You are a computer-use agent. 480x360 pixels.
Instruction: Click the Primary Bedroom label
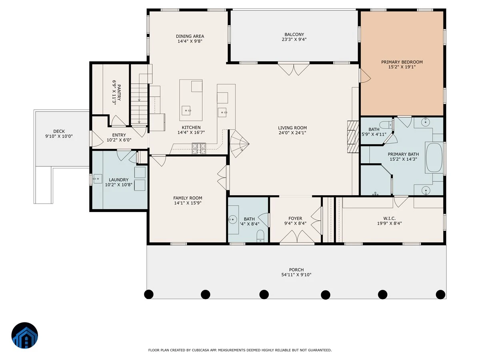[x=402, y=62]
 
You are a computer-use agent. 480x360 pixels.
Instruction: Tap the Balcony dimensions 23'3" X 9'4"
[x=294, y=39]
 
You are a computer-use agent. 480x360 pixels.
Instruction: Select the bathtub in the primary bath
[x=434, y=158]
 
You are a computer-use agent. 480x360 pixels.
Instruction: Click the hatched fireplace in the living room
[x=353, y=137]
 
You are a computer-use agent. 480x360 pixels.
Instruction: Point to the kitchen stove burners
[x=198, y=148]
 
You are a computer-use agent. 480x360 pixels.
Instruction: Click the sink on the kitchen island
[x=186, y=110]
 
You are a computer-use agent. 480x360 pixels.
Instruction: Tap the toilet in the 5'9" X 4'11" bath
[x=386, y=125]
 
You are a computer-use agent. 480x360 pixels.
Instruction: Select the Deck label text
[x=59, y=131]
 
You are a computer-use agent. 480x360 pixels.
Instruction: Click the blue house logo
[x=24, y=335]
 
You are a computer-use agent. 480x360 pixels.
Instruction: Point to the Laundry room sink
[x=98, y=178]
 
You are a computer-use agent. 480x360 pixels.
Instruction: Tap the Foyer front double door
[x=297, y=236]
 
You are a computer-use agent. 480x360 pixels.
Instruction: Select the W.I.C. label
[x=389, y=218]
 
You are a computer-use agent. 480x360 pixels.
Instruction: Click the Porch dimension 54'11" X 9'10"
[x=296, y=275]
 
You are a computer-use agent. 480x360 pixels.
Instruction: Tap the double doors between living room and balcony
[x=294, y=69]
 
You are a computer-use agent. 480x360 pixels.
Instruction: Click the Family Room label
[x=188, y=198]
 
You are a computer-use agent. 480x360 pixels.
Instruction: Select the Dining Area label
[x=190, y=36]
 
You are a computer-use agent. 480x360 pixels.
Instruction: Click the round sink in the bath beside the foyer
[x=233, y=219]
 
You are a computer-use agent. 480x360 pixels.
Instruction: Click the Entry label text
[x=119, y=135]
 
